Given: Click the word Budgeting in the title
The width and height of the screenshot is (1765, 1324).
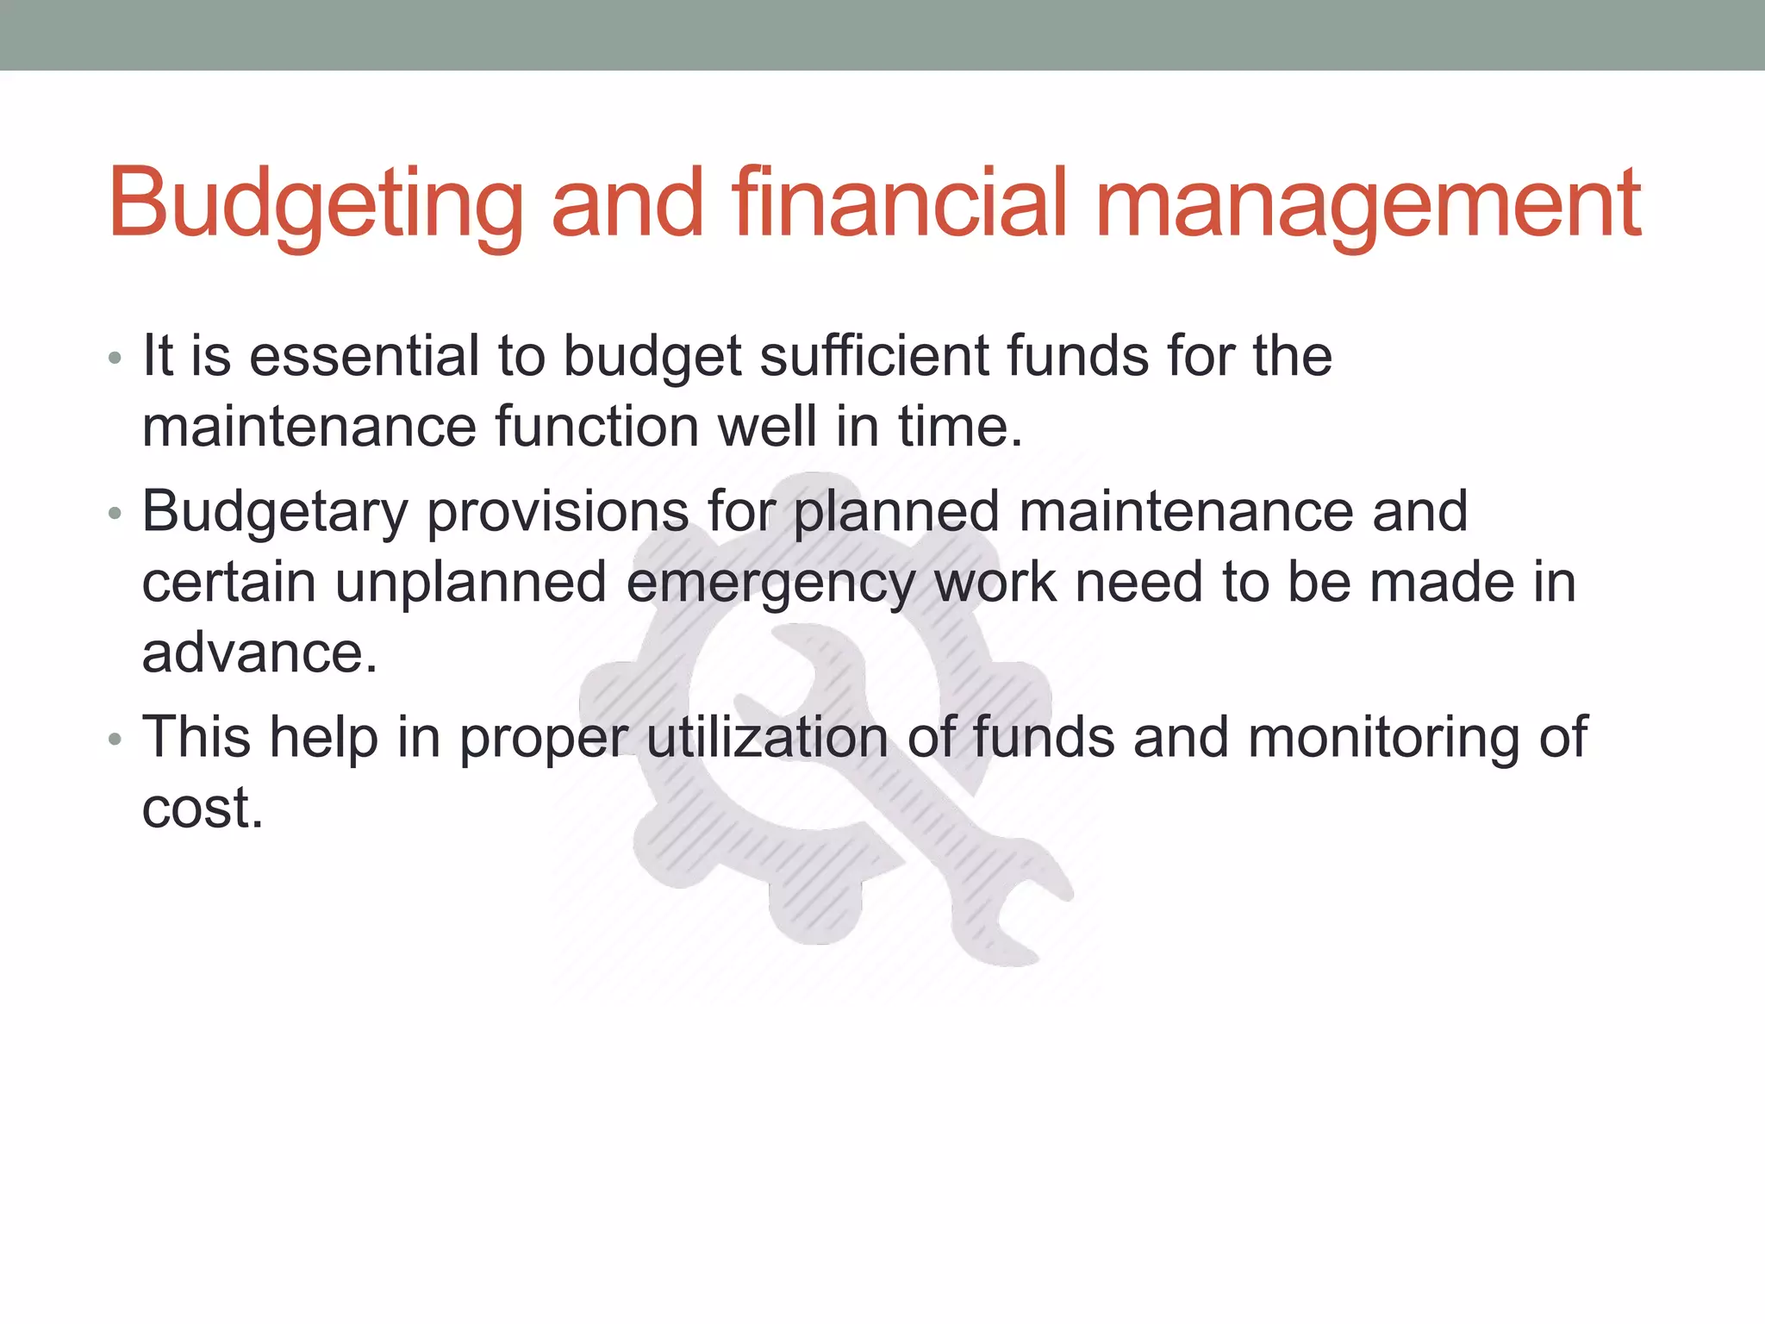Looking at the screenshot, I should (x=315, y=203).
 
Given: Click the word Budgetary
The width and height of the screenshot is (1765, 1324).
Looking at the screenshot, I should (x=275, y=513).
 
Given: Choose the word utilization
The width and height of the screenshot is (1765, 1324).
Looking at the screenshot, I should (x=767, y=738).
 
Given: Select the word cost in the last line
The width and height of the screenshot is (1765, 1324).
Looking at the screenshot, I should (x=202, y=809).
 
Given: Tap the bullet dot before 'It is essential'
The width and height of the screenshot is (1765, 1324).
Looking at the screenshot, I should (x=115, y=359).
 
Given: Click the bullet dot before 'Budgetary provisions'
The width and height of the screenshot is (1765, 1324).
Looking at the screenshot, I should (x=115, y=515).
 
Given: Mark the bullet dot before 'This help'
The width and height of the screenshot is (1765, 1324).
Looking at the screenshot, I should (x=115, y=740).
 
